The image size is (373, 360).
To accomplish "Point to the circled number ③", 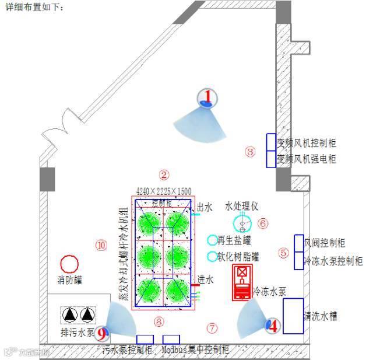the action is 250,152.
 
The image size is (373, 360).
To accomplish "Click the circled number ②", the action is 164,174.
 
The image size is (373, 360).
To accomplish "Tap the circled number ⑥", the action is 263,223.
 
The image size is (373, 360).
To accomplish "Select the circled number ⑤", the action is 284,253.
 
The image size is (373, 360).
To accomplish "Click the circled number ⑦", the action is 212,328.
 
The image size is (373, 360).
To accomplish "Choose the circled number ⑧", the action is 159,320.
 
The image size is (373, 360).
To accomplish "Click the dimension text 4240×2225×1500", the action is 164,191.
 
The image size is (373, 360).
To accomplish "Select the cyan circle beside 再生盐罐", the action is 212,240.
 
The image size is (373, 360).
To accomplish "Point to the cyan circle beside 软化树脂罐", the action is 212,256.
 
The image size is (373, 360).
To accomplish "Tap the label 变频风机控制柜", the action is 306,142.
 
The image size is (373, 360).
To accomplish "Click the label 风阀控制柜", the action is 325,243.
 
